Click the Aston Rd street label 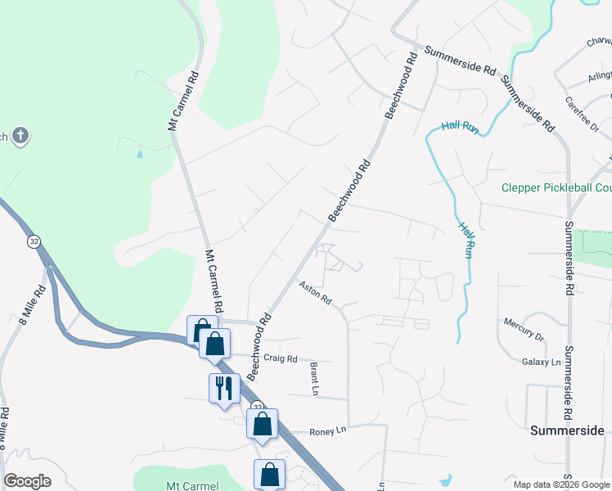[315, 293]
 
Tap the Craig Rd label [281, 358]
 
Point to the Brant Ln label [313, 379]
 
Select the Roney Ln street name [328, 431]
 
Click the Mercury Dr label [524, 329]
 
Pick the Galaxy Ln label [542, 362]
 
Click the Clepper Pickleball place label [556, 188]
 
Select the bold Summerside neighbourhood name [567, 430]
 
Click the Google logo [27, 481]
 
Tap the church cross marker [21, 136]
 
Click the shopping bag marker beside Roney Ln [262, 424]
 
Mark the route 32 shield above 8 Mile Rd [33, 241]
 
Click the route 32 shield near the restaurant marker [257, 407]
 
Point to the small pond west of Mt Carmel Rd [139, 153]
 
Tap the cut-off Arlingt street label [600, 76]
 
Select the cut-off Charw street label [599, 40]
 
